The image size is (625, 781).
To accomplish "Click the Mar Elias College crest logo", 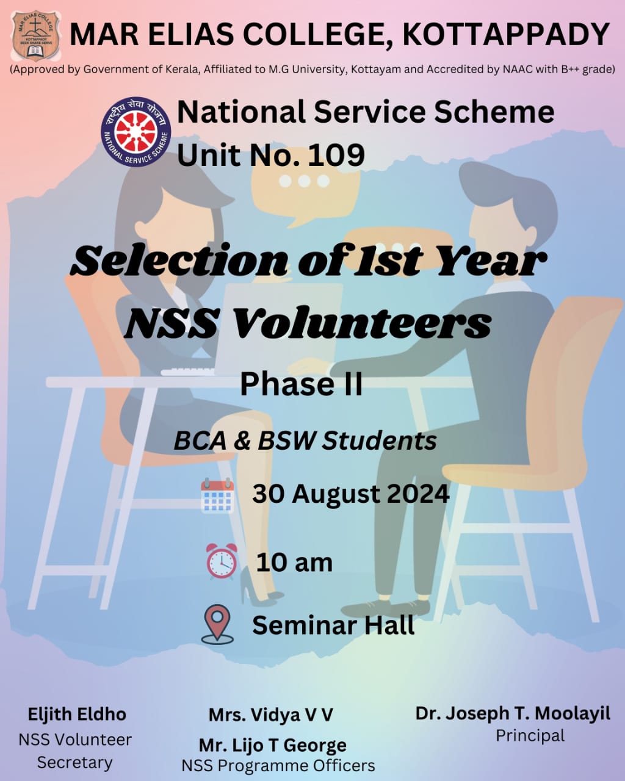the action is (x=35, y=35).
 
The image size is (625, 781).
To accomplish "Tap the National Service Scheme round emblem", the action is (x=136, y=132).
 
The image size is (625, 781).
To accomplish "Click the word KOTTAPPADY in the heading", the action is (x=506, y=35).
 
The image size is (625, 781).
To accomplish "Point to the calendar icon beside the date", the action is (x=217, y=495).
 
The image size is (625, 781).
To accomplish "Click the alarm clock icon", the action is (x=222, y=561).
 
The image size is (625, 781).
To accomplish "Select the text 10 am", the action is (x=294, y=563).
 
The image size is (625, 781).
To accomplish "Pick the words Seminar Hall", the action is (x=333, y=625).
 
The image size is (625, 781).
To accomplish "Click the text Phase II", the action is (x=301, y=384).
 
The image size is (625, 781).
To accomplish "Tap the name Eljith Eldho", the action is (x=77, y=714).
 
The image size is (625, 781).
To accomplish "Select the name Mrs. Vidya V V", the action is (x=270, y=715).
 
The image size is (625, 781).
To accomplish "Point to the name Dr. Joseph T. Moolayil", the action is (x=513, y=713).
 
